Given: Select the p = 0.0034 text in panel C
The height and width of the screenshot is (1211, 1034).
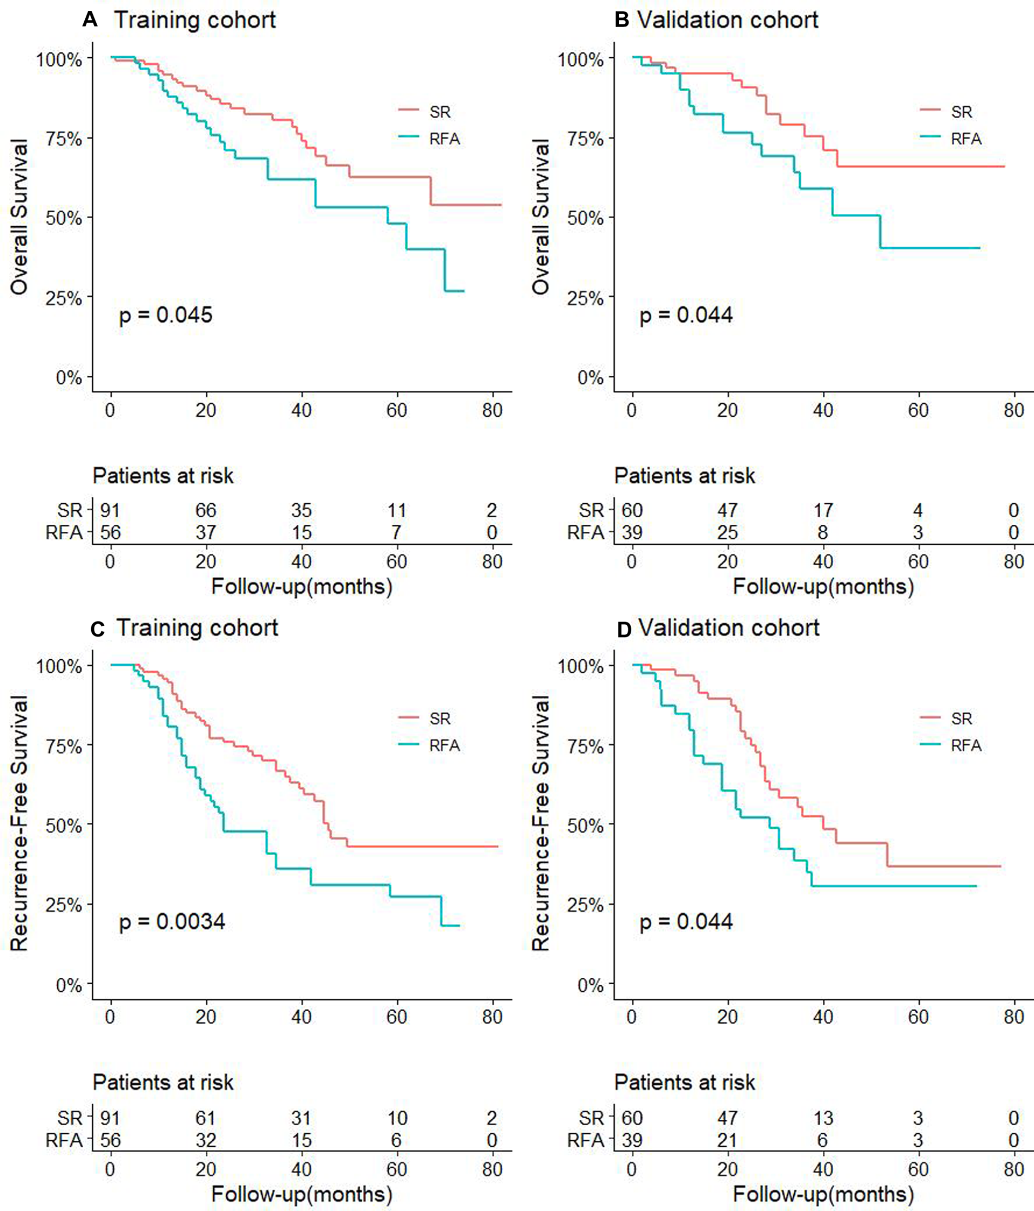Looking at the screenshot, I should coord(172,922).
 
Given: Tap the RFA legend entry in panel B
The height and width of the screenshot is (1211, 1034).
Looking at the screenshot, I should coord(965,139).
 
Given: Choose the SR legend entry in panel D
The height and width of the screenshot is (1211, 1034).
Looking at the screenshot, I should coord(961,718).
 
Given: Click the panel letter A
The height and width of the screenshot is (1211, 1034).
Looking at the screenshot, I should coord(90,20).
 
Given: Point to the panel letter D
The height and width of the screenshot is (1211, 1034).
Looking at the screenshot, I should coord(624,630).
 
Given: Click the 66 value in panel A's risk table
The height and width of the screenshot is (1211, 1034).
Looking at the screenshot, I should coord(206,510).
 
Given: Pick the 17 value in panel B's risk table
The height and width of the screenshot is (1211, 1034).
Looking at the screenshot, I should coord(823,510).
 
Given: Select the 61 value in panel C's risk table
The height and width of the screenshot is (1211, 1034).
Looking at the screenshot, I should coord(206,1118).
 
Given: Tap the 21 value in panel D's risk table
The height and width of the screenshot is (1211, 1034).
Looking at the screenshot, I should coord(728,1140).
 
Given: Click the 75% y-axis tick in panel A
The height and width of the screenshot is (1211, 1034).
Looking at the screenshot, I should coord(64,139).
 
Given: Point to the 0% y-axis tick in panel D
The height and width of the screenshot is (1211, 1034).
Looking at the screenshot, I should coord(590,985).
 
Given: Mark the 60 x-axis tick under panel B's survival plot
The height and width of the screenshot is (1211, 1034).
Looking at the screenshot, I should coord(918,410).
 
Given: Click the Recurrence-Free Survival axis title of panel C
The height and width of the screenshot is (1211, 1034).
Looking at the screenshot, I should coord(19,823).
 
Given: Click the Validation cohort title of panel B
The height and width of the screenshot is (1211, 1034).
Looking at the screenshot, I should coord(728,20).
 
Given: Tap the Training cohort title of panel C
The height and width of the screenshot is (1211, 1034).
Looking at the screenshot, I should coord(197,628).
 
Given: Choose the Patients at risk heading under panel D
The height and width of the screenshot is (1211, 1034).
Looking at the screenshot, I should coord(685,1083).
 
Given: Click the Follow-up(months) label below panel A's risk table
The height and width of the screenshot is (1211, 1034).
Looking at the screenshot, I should coord(302,586).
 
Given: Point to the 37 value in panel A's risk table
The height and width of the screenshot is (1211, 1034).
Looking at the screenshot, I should coord(206,532).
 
